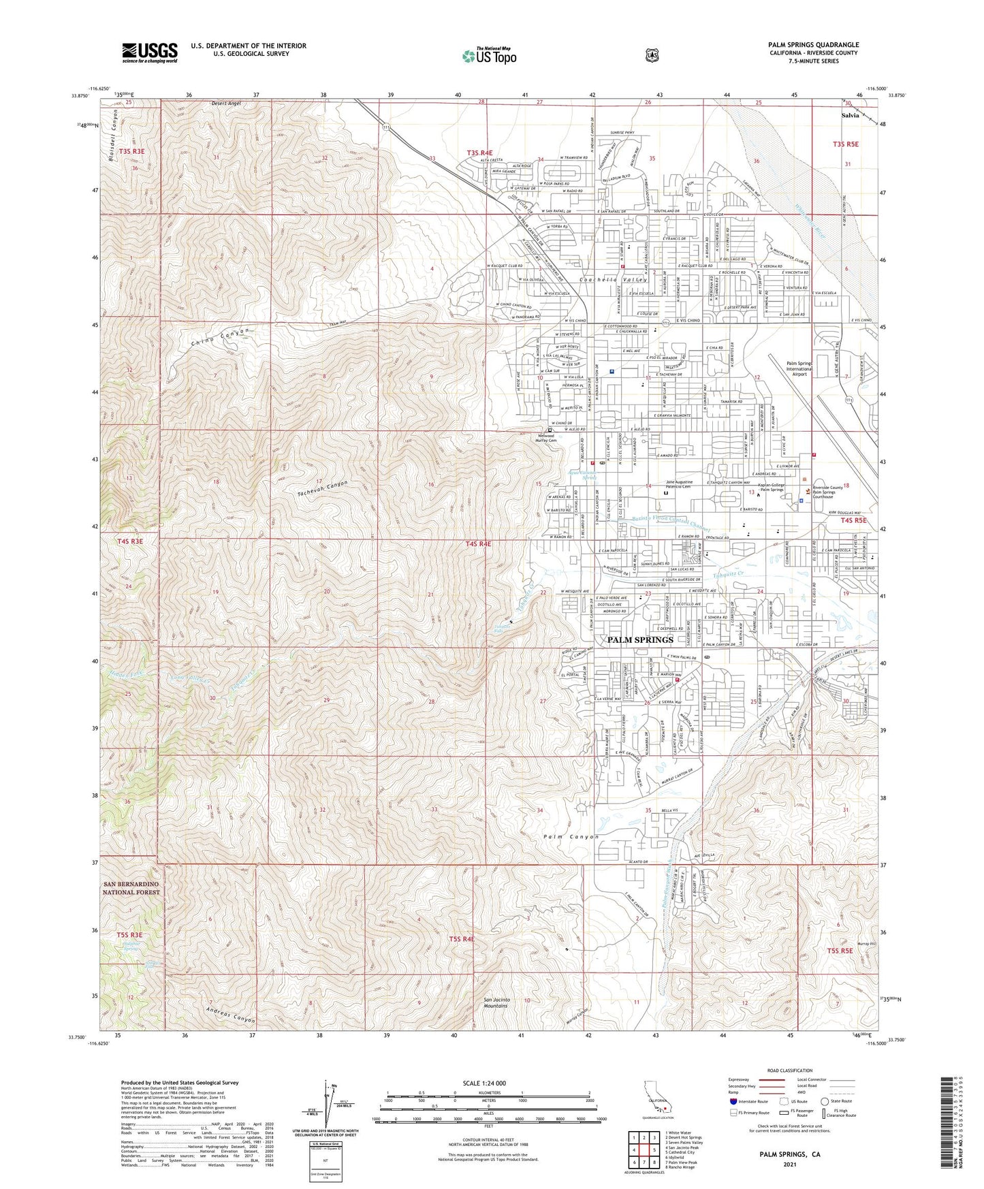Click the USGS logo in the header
pos(150,52)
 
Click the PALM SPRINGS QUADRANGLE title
pos(813,45)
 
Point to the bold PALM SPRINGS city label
pos(639,639)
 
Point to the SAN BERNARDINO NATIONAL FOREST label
pos(131,888)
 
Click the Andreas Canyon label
pos(223,1015)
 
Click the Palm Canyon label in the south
pos(571,836)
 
